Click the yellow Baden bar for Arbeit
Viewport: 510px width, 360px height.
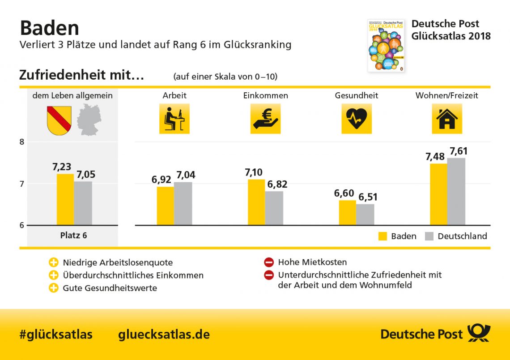[x=165, y=206]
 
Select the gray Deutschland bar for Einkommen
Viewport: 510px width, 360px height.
[x=274, y=208]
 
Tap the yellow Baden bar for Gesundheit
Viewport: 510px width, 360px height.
[x=347, y=212]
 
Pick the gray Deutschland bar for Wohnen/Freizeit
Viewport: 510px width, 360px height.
[x=456, y=191]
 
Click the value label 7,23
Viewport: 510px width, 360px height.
[x=62, y=167]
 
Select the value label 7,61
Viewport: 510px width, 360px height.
[x=459, y=151]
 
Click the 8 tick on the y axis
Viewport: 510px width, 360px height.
[x=21, y=142]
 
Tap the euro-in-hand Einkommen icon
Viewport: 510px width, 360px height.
[x=265, y=119]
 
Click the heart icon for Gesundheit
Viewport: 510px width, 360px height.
[x=357, y=119]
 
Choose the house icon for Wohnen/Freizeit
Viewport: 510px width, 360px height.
[x=446, y=119]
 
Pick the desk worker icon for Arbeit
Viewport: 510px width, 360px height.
[x=174, y=119]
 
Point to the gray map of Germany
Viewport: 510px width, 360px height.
[x=89, y=120]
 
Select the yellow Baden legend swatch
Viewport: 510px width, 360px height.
[x=382, y=236]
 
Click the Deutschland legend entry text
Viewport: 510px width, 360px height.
[x=462, y=236]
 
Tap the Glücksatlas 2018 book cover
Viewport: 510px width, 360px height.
[x=386, y=45]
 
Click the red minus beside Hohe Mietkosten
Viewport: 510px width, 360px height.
[x=269, y=262]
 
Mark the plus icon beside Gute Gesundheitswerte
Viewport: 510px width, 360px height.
[x=54, y=288]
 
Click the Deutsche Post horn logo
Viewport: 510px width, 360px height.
[x=479, y=334]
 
